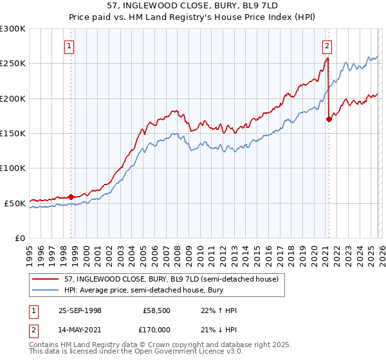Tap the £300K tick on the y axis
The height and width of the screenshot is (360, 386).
(x=13, y=29)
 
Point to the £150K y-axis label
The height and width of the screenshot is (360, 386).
(x=13, y=133)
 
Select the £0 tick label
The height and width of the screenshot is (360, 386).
(x=20, y=238)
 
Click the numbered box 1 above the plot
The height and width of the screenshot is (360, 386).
(x=69, y=46)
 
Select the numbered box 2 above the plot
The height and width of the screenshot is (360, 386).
(x=327, y=46)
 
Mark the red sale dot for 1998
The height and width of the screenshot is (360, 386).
(x=71, y=197)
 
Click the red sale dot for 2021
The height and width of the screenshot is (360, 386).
(x=329, y=119)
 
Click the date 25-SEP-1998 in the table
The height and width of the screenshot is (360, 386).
(x=80, y=310)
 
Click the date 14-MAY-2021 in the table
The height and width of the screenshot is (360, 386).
(x=80, y=330)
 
